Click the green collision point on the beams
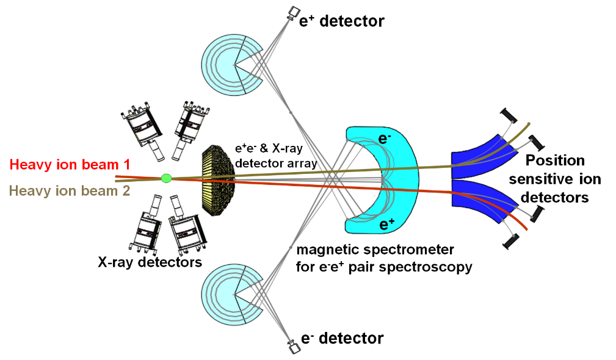(x=165, y=178)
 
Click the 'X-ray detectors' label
(x=150, y=262)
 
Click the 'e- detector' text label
(x=343, y=338)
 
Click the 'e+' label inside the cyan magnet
(x=385, y=225)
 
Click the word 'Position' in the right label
(x=555, y=161)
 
